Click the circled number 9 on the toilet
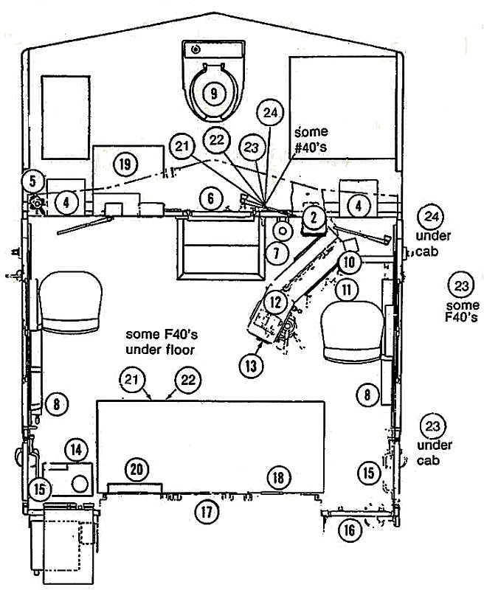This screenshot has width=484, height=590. pyautogui.click(x=214, y=93)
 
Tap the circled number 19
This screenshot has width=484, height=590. pyautogui.click(x=125, y=164)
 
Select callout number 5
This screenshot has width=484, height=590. pyautogui.click(x=33, y=181)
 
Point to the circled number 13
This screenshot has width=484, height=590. pyautogui.click(x=251, y=365)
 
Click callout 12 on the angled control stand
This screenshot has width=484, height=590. pyautogui.click(x=276, y=302)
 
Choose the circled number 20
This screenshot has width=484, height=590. pyautogui.click(x=136, y=469)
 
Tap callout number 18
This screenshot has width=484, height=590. pyautogui.click(x=278, y=478)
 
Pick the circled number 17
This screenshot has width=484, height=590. pyautogui.click(x=207, y=512)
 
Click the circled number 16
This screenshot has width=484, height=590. pyautogui.click(x=349, y=530)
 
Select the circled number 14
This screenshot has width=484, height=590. pyautogui.click(x=77, y=449)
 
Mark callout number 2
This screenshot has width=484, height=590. pyautogui.click(x=314, y=217)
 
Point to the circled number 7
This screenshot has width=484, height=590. pyautogui.click(x=277, y=253)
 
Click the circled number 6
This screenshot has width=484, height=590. pyautogui.click(x=211, y=198)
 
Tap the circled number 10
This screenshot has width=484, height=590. pyautogui.click(x=349, y=262)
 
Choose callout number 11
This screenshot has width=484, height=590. pyautogui.click(x=347, y=289)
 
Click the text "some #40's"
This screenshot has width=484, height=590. pyautogui.click(x=311, y=139)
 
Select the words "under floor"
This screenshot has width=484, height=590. pyautogui.click(x=160, y=350)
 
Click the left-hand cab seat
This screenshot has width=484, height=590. pyautogui.click(x=70, y=302)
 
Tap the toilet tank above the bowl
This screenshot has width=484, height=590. pyautogui.click(x=213, y=49)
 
